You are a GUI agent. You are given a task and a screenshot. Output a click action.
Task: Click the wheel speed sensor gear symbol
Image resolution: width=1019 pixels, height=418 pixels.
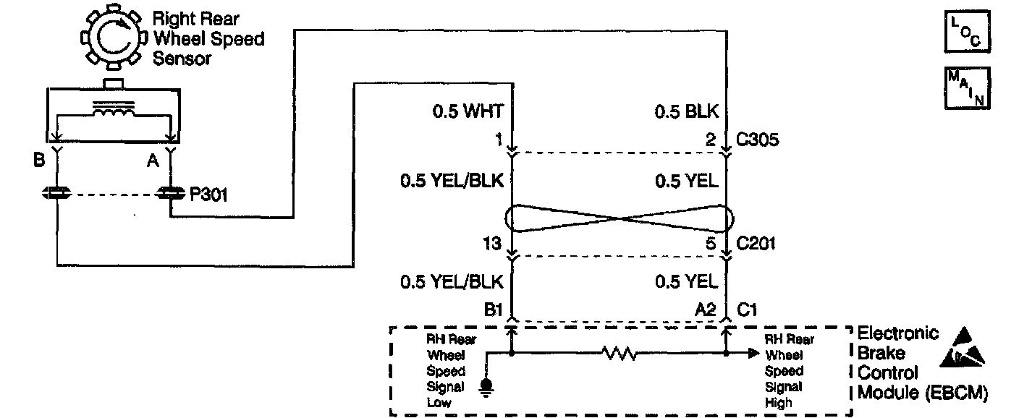tap(112, 40)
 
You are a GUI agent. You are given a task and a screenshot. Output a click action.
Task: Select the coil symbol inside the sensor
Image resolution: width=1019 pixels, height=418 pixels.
tap(111, 111)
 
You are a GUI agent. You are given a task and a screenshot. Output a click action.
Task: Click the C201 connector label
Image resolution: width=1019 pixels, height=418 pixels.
tap(757, 243)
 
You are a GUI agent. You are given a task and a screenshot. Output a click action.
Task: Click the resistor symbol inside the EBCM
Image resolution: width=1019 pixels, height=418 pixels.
tap(618, 354)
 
